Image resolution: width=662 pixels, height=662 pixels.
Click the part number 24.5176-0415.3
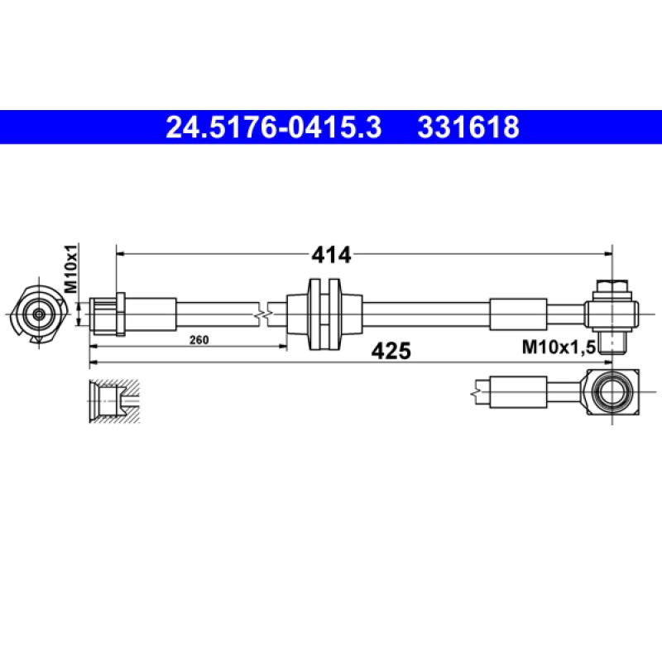pyautogui.click(x=274, y=127)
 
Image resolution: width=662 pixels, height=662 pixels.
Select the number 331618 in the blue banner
pyautogui.click(x=469, y=127)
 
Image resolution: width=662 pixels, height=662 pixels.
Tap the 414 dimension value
pyautogui.click(x=331, y=255)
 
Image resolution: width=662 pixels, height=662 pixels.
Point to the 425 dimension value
pyautogui.click(x=391, y=351)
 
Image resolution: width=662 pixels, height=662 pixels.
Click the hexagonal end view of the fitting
pyautogui.click(x=38, y=314)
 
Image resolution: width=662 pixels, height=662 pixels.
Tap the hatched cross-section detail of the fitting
pyautogui.click(x=113, y=401)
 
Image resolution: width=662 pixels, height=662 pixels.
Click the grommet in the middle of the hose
pyautogui.click(x=324, y=314)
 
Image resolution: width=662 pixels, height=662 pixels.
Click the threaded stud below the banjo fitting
pyautogui.click(x=612, y=339)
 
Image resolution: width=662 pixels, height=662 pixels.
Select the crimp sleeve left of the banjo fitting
pyautogui.click(x=519, y=314)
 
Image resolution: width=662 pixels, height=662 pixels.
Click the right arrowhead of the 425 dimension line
pyautogui.click(x=607, y=362)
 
